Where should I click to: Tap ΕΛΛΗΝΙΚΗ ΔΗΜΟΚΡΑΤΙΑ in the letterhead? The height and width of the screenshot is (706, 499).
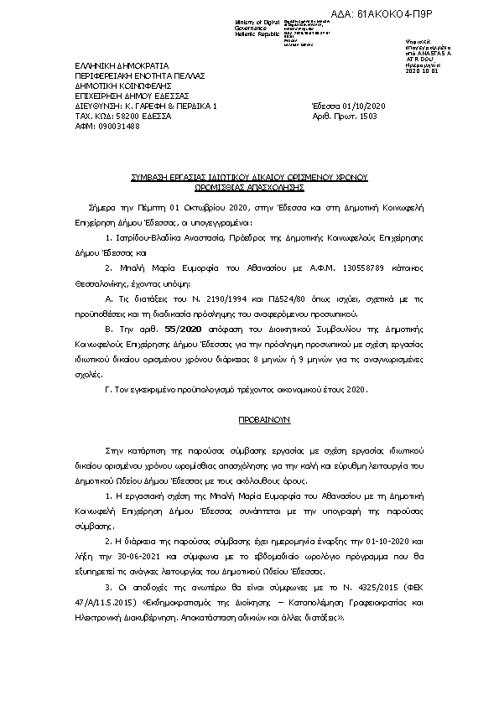pos(122,65)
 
